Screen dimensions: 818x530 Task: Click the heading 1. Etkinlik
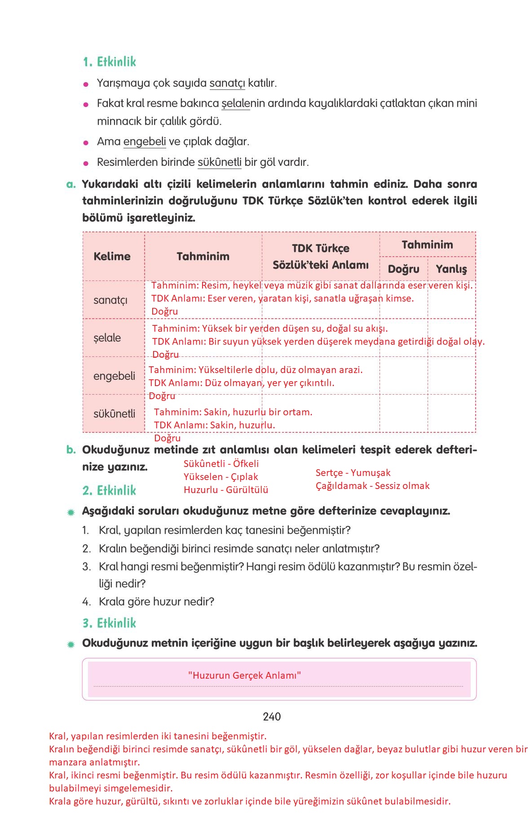(x=109, y=62)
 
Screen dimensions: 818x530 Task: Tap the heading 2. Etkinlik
(x=109, y=490)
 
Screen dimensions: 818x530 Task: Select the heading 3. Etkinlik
(x=109, y=623)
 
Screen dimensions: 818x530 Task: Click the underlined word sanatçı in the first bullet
(x=227, y=83)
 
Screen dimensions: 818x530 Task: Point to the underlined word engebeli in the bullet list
(x=145, y=142)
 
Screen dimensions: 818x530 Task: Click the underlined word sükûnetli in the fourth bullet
(x=220, y=162)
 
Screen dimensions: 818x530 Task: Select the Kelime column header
(x=112, y=257)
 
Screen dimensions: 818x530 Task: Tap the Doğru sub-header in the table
(x=403, y=269)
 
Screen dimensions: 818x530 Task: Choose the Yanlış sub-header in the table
(x=451, y=269)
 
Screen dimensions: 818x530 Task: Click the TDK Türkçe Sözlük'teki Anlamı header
(x=320, y=257)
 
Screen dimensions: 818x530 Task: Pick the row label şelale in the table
(x=107, y=338)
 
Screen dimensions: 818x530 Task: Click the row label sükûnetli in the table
(x=114, y=414)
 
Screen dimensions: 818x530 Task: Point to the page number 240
(x=272, y=717)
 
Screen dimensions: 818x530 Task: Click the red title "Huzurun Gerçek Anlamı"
(x=244, y=676)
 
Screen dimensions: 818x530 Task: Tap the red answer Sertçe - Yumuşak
(x=353, y=473)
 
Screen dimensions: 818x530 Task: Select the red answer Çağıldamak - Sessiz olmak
(x=372, y=486)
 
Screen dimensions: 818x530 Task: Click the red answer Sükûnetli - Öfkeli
(x=221, y=464)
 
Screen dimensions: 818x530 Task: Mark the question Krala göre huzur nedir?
(x=156, y=602)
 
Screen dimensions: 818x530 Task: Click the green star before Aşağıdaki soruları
(x=71, y=512)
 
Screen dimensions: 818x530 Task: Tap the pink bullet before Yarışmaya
(x=86, y=84)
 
